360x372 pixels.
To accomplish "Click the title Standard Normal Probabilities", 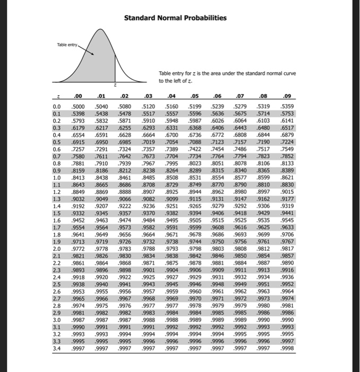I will [x=175, y=18].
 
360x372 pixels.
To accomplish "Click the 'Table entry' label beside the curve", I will [x=67, y=45].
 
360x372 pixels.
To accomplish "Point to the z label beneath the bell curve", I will [x=115, y=84].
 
